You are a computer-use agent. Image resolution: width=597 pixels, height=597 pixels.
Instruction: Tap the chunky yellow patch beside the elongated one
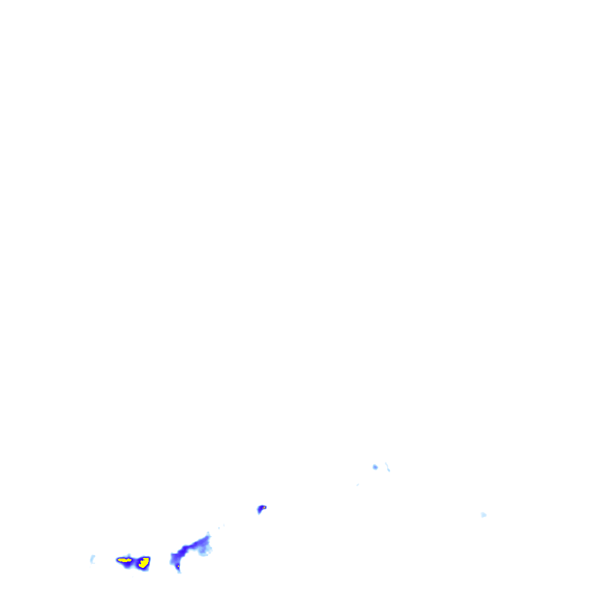(143, 563)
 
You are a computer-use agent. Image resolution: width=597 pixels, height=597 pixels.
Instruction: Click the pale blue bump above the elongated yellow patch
(129, 555)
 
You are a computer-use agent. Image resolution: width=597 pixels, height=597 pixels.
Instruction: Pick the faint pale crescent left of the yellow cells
(92, 560)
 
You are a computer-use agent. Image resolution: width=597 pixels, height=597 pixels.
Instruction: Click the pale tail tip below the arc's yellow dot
(179, 571)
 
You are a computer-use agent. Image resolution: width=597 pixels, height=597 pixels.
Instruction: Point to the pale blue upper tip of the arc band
(208, 534)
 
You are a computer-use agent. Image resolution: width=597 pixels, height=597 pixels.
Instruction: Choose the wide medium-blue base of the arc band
(174, 559)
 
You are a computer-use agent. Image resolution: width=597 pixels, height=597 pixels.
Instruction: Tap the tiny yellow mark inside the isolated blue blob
(264, 507)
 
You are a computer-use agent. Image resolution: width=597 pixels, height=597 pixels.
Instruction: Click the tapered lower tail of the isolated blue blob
(259, 512)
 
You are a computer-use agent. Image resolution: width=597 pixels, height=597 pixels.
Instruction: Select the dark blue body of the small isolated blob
(261, 509)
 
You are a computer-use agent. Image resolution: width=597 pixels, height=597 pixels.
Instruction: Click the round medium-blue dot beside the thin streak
(375, 467)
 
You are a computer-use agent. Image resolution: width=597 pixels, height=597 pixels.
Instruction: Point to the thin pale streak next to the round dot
(387, 467)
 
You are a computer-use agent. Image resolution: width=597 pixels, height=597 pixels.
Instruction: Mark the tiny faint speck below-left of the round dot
(357, 484)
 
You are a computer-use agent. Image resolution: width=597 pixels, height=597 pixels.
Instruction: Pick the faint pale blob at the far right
(483, 515)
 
